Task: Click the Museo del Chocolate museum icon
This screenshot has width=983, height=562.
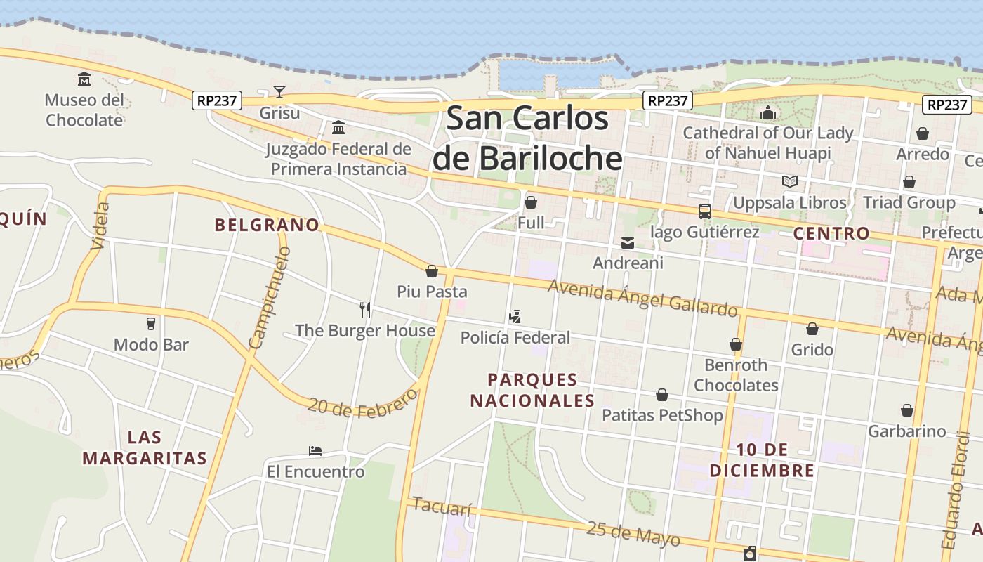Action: click(84, 78)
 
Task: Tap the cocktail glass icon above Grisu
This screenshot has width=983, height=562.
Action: click(279, 92)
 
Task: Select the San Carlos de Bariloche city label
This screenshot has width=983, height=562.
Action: click(527, 138)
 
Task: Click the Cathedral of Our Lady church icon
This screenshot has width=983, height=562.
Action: click(767, 112)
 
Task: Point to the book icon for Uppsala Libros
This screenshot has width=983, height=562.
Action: click(790, 182)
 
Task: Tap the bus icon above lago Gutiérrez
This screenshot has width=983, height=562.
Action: click(704, 211)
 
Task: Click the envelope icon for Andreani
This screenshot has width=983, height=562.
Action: click(627, 243)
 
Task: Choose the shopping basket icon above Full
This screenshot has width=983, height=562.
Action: click(531, 203)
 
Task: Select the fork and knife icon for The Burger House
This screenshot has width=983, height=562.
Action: click(365, 310)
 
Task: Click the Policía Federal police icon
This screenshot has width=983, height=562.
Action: click(515, 317)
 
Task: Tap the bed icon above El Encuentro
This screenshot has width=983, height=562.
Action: click(315, 451)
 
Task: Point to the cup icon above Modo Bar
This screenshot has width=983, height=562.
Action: click(151, 324)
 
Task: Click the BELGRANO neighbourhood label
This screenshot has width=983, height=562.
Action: click(267, 225)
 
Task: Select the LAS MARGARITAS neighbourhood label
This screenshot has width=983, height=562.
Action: click(145, 448)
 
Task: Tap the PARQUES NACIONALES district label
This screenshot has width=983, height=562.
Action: click(532, 391)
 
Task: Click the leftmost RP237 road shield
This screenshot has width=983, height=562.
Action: click(217, 100)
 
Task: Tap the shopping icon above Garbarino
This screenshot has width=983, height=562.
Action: click(907, 410)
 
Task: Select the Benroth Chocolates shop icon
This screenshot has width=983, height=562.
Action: click(736, 344)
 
